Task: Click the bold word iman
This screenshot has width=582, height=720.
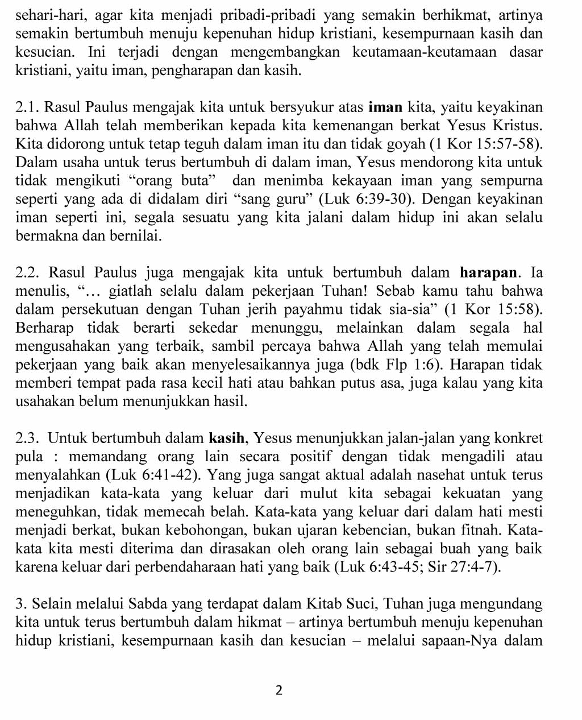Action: [x=386, y=107]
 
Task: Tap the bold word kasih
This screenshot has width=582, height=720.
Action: [x=227, y=438]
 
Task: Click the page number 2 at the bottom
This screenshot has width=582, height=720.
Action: [x=278, y=690]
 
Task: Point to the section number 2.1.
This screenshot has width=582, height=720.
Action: [x=27, y=107]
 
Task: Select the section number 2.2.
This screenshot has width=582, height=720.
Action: [x=27, y=272]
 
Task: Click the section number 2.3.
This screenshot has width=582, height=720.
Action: [x=27, y=438]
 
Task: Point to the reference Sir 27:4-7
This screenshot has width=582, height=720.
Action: [x=469, y=567]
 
